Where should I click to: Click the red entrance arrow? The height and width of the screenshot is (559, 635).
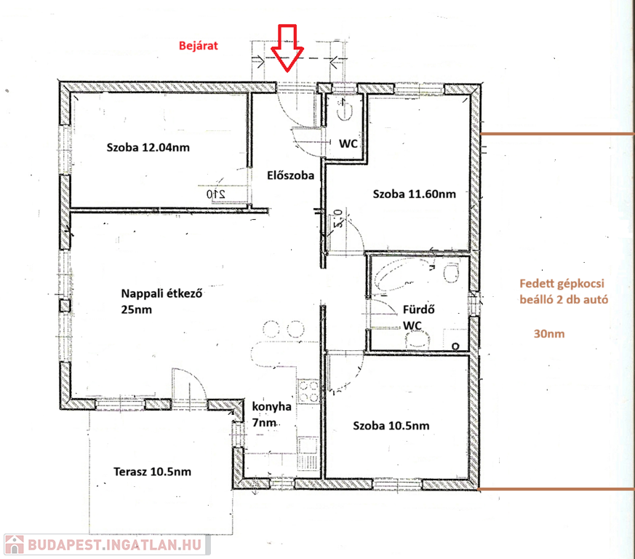pos(287,48)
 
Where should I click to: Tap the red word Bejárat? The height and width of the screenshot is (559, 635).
pos(199,45)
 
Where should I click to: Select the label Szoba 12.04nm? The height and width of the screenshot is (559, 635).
pos(148,147)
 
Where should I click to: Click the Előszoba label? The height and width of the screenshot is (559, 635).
pos(290,175)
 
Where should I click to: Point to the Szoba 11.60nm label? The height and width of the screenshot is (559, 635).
pos(415,194)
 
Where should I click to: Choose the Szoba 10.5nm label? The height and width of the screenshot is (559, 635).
pos(391,426)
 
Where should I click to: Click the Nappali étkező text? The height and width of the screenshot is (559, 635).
pos(162,293)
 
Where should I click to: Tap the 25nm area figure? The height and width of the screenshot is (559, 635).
pos(137,309)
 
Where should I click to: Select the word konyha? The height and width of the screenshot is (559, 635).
pos(272,407)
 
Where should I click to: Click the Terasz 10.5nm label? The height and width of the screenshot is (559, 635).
pos(152,472)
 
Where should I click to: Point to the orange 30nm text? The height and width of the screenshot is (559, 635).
pos(549,333)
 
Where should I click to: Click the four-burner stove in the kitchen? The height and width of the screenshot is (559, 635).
pos(308,391)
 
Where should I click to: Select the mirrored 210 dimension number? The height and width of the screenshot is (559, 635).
pos(216,194)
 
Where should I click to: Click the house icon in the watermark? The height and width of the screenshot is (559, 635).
pos(14,544)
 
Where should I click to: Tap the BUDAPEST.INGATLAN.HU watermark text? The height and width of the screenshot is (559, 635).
pos(115,545)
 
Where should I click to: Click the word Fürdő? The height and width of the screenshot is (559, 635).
pos(419,309)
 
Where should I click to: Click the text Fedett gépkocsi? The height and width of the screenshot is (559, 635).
pos(562,283)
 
